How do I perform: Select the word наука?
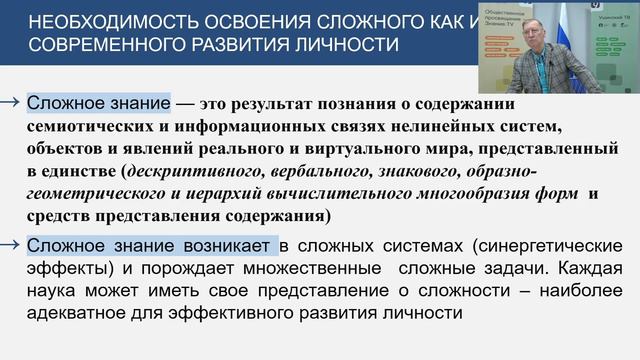[54, 291]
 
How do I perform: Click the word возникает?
[226, 245]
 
